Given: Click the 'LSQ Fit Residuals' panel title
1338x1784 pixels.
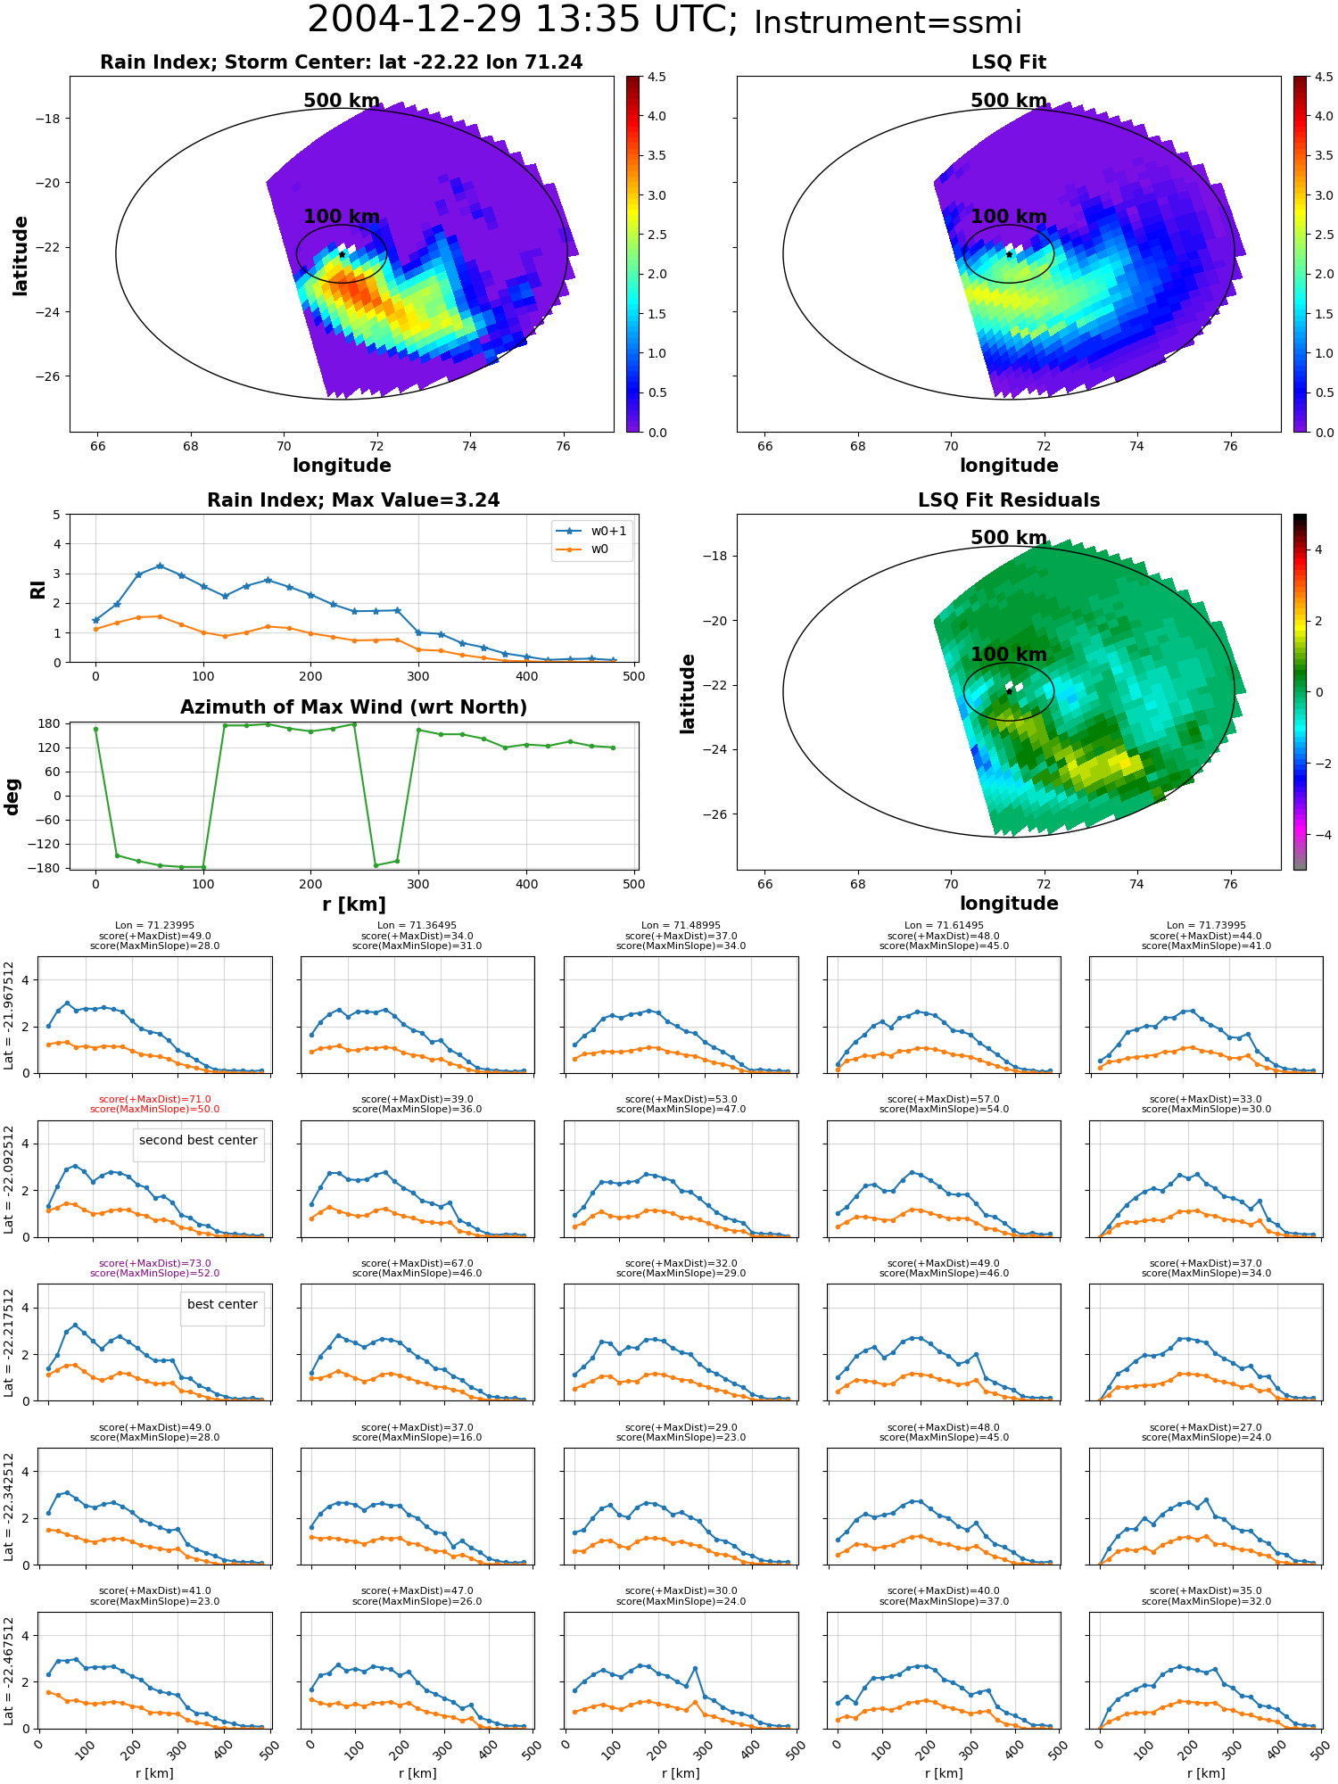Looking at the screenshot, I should tap(1008, 500).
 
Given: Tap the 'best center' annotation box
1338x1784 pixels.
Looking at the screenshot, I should tap(222, 1304).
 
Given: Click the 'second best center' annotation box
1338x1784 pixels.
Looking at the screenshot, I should tap(198, 1140).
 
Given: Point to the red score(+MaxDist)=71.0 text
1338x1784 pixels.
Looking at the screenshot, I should tap(154, 1100).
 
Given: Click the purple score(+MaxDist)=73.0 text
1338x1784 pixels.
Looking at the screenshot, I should tap(154, 1264).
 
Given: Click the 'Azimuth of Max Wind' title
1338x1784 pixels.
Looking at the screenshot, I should tap(353, 707).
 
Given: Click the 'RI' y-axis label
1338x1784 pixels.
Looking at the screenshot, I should tap(38, 589).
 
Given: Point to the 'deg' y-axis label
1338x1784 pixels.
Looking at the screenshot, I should tap(12, 796).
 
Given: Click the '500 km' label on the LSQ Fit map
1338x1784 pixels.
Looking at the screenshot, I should tap(1008, 101).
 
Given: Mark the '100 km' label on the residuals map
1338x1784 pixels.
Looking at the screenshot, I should tap(1008, 655).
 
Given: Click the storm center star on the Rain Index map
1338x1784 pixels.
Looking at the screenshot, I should tap(342, 254).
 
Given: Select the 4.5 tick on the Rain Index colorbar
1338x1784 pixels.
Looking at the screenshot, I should tap(657, 78).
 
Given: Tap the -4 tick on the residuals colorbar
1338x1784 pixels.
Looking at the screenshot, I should tap(1318, 835).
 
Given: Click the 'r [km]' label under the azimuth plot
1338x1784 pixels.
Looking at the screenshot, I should tap(353, 904).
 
